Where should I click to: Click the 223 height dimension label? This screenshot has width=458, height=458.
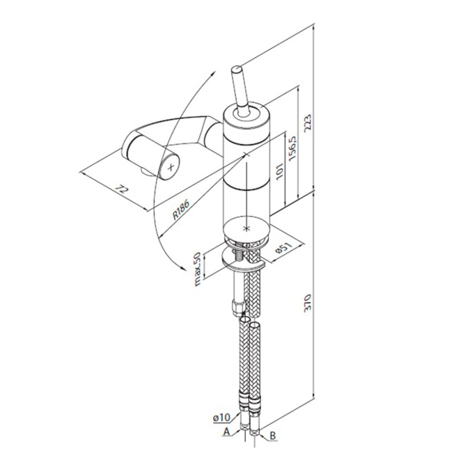[308, 123]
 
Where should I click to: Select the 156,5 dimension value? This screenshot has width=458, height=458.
[292, 148]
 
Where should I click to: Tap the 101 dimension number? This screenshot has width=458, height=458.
[279, 171]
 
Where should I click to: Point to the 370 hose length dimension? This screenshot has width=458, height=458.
[308, 303]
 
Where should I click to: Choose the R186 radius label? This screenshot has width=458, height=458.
[181, 209]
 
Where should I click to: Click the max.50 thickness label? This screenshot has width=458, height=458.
[198, 269]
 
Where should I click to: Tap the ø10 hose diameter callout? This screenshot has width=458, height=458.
[221, 418]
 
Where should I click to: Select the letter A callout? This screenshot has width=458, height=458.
[227, 432]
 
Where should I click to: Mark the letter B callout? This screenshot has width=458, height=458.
[273, 436]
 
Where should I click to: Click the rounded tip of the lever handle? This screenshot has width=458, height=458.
[236, 69]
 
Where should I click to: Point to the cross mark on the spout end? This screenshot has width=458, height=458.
[171, 167]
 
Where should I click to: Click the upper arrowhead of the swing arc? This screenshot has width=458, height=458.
[213, 73]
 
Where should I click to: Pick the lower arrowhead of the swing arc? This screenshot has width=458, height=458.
[183, 269]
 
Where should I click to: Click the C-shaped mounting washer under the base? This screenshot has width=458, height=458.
[243, 260]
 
